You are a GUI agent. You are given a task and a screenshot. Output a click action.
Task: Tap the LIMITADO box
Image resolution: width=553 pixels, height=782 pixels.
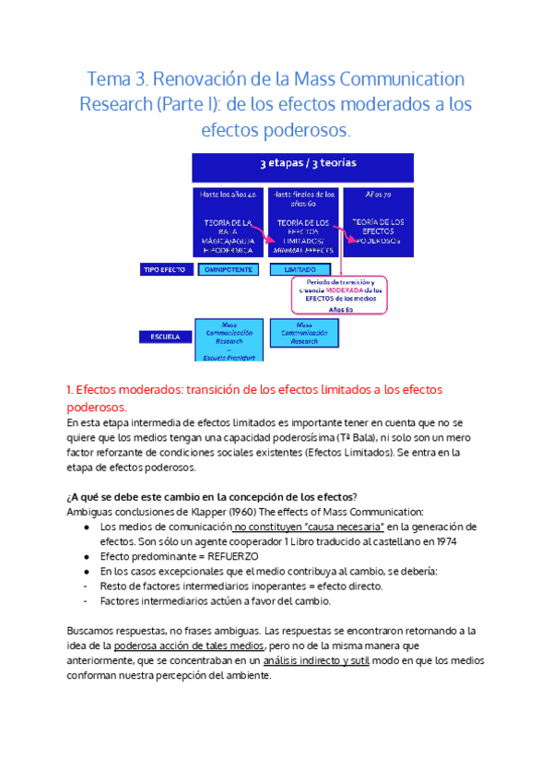pyautogui.click(x=299, y=269)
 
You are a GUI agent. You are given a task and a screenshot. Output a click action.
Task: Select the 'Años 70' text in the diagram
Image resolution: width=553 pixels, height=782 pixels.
pyautogui.click(x=379, y=195)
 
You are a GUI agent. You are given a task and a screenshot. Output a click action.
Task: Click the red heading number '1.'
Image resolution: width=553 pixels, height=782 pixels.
pyautogui.click(x=71, y=390)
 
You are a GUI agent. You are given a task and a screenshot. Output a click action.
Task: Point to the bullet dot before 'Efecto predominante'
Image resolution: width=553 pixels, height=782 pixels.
pyautogui.click(x=87, y=557)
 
